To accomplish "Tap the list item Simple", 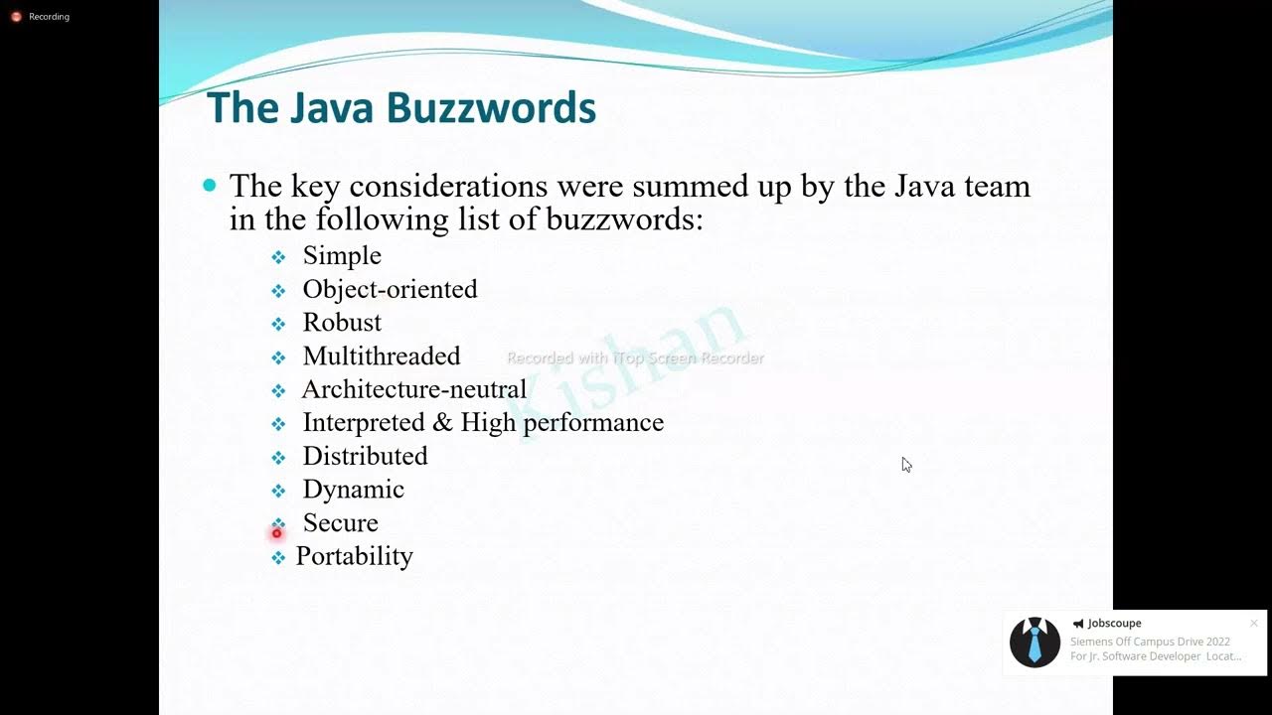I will click(342, 255).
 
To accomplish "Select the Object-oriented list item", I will click(390, 289).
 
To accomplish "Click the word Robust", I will click(342, 322).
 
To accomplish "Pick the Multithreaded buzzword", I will click(382, 356).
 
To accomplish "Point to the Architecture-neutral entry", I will click(413, 389).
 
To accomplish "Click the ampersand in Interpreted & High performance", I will click(442, 422).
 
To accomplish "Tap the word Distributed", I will click(365, 456).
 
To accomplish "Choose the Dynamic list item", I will click(353, 490).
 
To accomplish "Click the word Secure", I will click(340, 522).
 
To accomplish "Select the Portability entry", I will click(354, 556).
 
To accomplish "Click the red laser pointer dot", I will click(277, 533).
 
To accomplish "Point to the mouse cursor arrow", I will click(906, 465).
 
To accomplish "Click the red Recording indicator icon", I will click(16, 17).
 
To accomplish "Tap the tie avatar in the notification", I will click(1034, 643).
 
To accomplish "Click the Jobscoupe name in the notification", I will click(1114, 624).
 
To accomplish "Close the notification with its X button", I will click(1254, 624).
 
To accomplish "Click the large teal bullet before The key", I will click(209, 185).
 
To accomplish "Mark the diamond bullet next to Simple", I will click(278, 257).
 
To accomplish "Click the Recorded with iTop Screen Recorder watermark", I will click(635, 357).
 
